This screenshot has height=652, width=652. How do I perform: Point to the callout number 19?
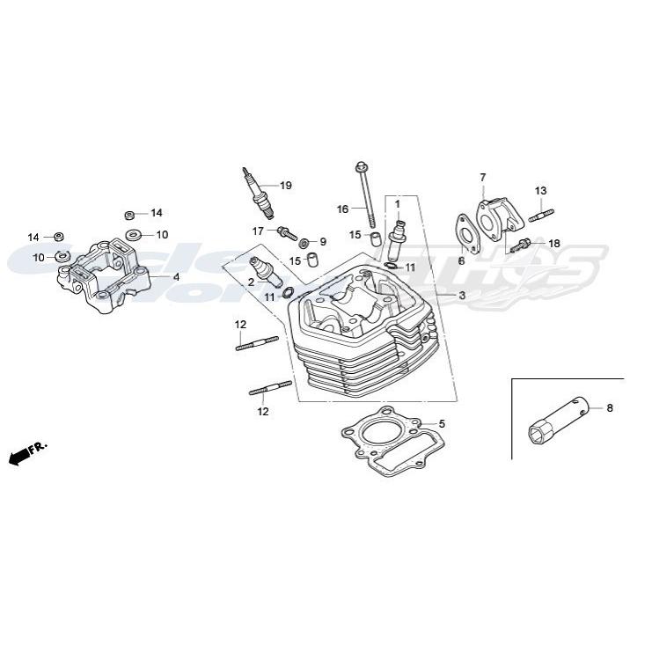pyautogui.click(x=285, y=186)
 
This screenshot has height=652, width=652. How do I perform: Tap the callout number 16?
pyautogui.click(x=343, y=209)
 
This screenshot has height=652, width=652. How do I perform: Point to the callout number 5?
pyautogui.click(x=442, y=424)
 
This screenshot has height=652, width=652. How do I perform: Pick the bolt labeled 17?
pyautogui.click(x=285, y=232)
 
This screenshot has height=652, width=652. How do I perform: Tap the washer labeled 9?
pyautogui.click(x=304, y=242)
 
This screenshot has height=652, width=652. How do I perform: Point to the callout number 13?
pyautogui.click(x=540, y=191)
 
